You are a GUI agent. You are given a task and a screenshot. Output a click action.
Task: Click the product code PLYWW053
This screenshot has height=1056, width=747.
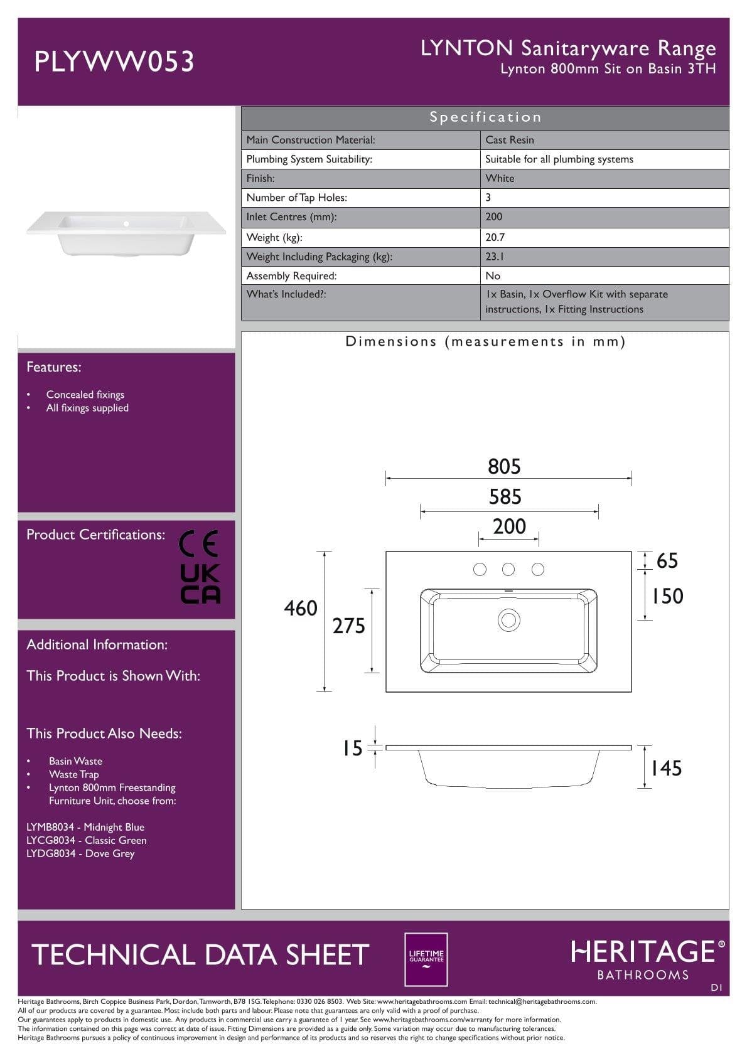pyautogui.click(x=114, y=61)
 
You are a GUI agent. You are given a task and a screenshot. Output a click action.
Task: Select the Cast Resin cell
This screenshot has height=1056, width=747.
pyautogui.click(x=510, y=140)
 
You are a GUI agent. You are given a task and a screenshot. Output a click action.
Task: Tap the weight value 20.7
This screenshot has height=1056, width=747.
pyautogui.click(x=495, y=237)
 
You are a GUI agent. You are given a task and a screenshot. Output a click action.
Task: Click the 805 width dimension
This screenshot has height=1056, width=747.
pyautogui.click(x=504, y=467)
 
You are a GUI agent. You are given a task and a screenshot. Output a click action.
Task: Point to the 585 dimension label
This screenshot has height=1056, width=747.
pyautogui.click(x=505, y=497)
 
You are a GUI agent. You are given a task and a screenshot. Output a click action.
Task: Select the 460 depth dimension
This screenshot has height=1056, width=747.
pyautogui.click(x=301, y=608)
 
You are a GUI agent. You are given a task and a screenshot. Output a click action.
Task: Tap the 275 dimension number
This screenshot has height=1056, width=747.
pyautogui.click(x=348, y=626)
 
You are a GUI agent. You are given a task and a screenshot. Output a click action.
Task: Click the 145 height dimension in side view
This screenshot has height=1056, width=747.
pyautogui.click(x=666, y=768)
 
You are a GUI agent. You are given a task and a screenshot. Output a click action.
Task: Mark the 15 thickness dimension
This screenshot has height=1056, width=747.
pyautogui.click(x=352, y=748)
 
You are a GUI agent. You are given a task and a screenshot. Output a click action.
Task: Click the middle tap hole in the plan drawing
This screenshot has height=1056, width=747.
pyautogui.click(x=508, y=569)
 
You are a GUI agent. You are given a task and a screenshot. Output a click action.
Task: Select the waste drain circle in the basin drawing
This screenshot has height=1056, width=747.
pyautogui.click(x=508, y=620)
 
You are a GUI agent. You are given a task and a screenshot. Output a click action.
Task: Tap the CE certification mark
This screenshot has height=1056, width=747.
pyautogui.click(x=198, y=543)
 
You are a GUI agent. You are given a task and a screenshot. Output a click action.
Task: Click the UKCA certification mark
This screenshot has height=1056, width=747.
pyautogui.click(x=200, y=584)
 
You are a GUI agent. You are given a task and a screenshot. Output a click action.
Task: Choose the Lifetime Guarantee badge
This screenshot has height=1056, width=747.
pyautogui.click(x=426, y=959)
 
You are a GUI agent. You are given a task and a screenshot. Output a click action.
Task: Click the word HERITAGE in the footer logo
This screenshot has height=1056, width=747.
pyautogui.click(x=643, y=952)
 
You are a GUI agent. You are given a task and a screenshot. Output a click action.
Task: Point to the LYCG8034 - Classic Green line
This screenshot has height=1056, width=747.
pyautogui.click(x=87, y=840)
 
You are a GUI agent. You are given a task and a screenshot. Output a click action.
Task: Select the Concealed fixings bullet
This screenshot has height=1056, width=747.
pyautogui.click(x=85, y=395)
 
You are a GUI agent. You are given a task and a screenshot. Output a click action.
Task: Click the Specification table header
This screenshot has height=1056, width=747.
pyautogui.click(x=485, y=117)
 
